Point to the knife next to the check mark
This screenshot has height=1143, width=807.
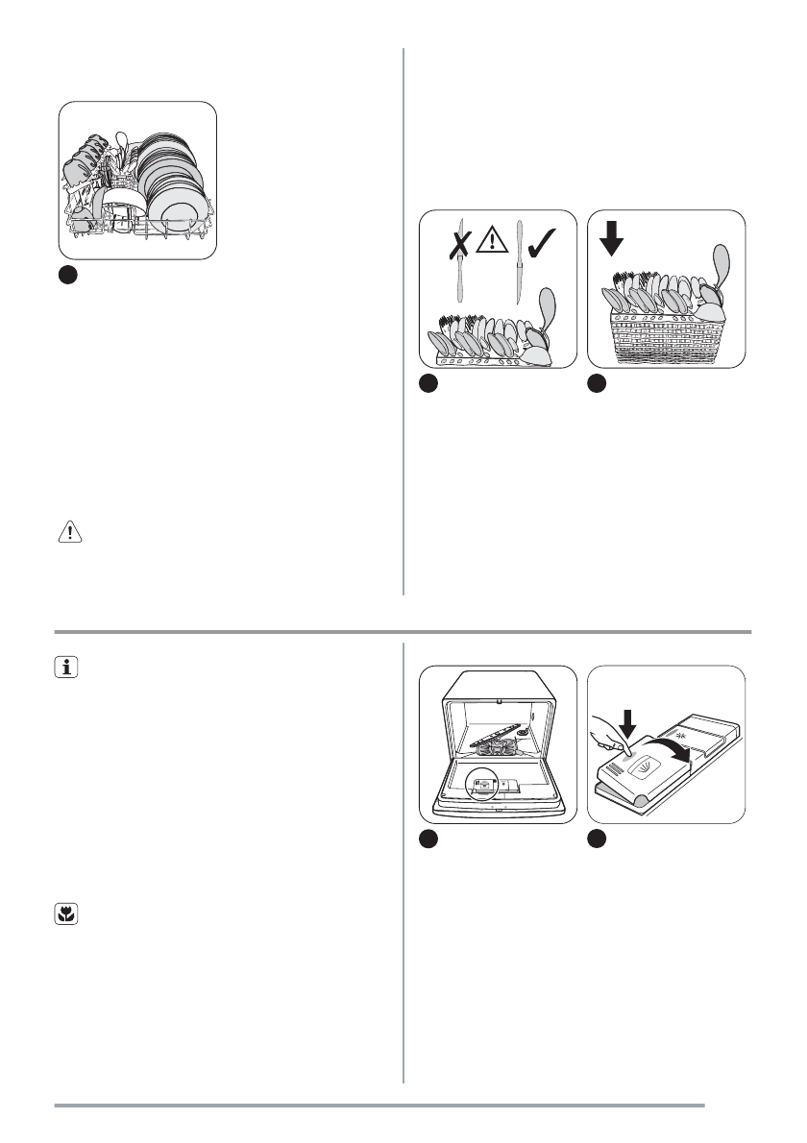pyautogui.click(x=519, y=260)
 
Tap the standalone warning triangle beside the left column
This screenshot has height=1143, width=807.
pyautogui.click(x=72, y=533)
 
